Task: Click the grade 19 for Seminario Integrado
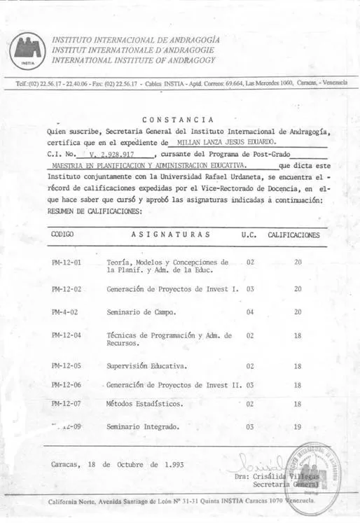297,426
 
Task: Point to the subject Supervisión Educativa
147,365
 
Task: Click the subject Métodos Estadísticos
145,404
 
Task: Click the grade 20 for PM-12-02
297,288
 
